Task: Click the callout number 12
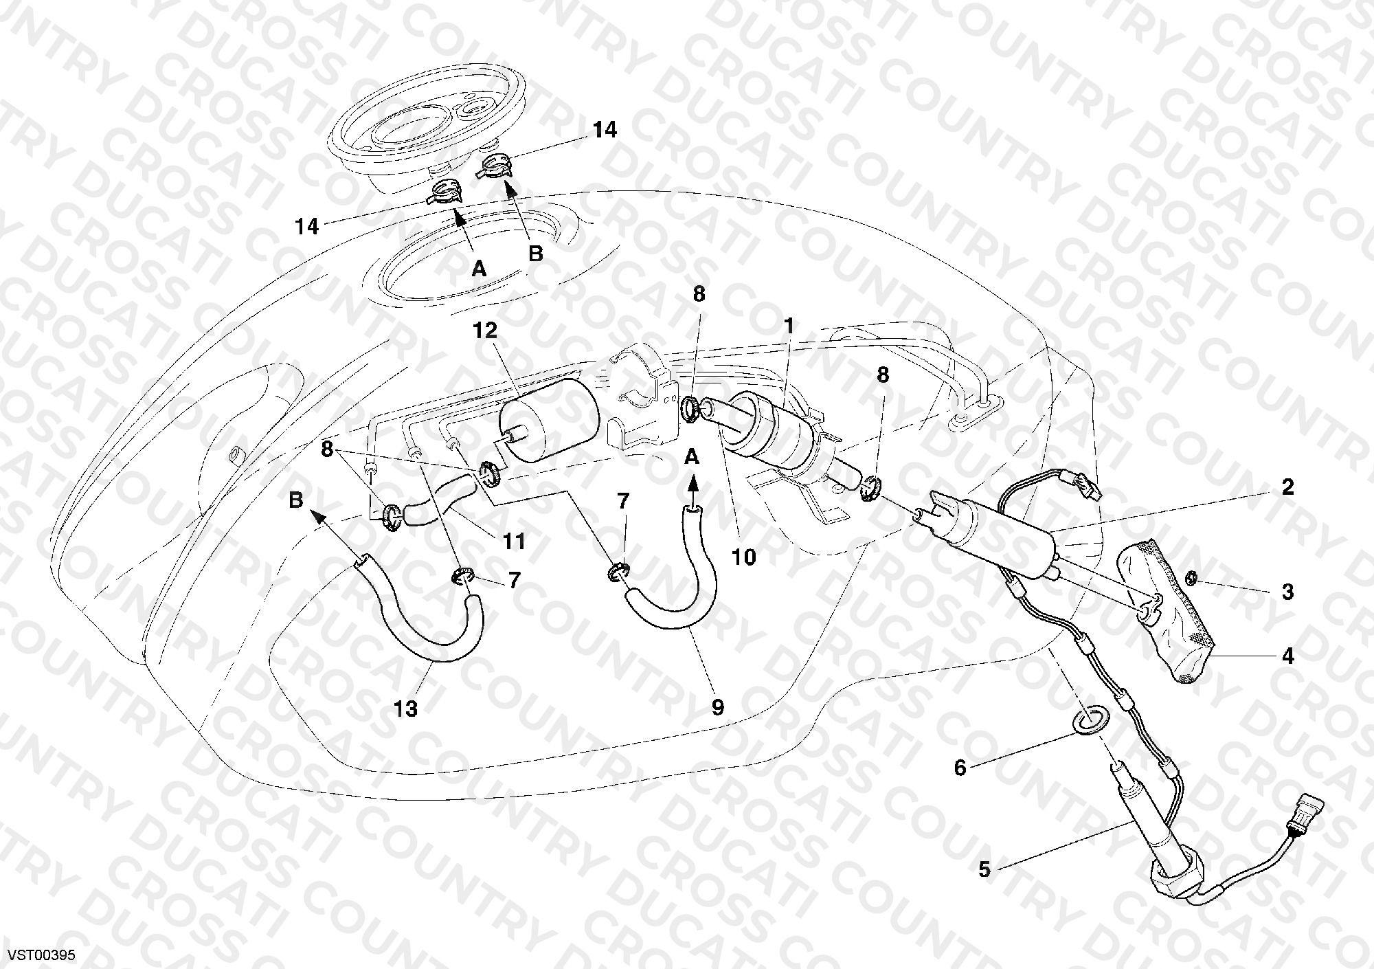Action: (x=484, y=331)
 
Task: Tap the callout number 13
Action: (x=407, y=709)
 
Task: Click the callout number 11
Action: (x=513, y=542)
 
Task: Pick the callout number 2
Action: (x=1287, y=487)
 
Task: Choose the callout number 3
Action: (x=1287, y=592)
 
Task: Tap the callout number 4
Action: (x=1287, y=656)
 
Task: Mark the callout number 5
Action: (x=984, y=869)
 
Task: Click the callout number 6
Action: (x=960, y=768)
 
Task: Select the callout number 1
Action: (x=789, y=326)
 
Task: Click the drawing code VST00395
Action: (x=41, y=955)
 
